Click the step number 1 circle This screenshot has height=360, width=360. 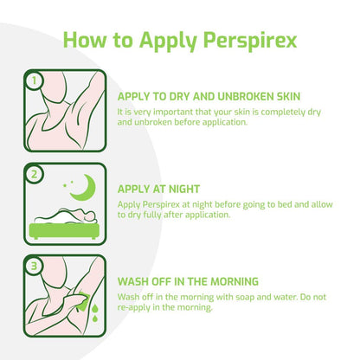click(x=34, y=81)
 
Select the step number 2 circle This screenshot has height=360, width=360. click(x=34, y=174)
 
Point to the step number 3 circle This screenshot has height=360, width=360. click(x=34, y=266)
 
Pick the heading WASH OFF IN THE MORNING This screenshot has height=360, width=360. click(x=187, y=281)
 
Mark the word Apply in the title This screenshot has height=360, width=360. click(x=164, y=40)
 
